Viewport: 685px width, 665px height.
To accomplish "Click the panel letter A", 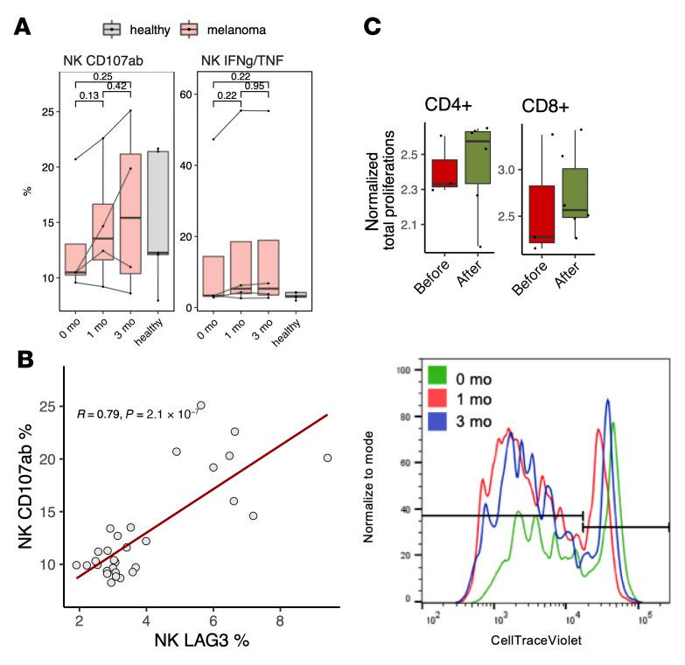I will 24,28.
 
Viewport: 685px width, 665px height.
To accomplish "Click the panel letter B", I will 24,359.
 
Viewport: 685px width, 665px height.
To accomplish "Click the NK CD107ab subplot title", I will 101,60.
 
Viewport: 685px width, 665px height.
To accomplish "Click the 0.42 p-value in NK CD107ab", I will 117,85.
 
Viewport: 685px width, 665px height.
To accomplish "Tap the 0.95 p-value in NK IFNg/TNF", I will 255,85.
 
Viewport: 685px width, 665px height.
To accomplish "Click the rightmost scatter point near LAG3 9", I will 327,458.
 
